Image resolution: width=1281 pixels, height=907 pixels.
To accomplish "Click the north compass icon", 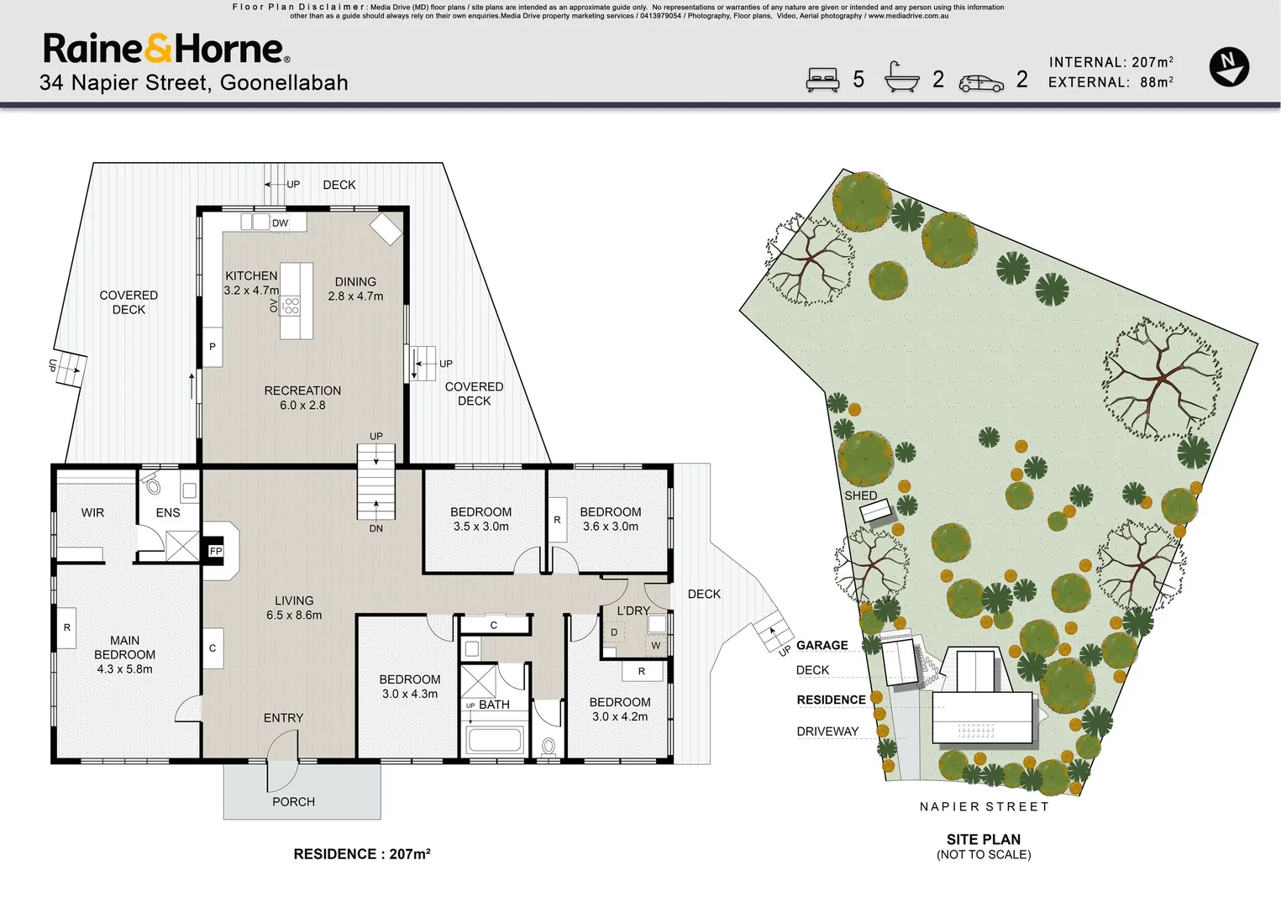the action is pyautogui.click(x=1229, y=67).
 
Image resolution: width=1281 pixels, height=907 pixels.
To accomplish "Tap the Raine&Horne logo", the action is pyautogui.click(x=166, y=48).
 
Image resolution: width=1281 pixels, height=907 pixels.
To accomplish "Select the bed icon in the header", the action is pyautogui.click(x=822, y=80).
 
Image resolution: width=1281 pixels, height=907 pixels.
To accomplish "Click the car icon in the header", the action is pyautogui.click(x=981, y=83).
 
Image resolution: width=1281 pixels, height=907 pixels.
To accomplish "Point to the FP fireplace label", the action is pyautogui.click(x=216, y=551).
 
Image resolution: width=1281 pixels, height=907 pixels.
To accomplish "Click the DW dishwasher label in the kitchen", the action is pyautogui.click(x=280, y=223).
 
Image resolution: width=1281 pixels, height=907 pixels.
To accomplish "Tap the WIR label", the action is pyautogui.click(x=92, y=512).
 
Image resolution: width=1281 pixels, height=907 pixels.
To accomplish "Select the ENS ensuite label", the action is pyautogui.click(x=167, y=512).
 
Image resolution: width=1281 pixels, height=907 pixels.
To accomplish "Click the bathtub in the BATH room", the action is pyautogui.click(x=495, y=738).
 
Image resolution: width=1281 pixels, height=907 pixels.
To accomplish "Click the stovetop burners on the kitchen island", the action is pyautogui.click(x=291, y=306).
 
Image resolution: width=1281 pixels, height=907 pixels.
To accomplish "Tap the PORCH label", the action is pyautogui.click(x=293, y=802).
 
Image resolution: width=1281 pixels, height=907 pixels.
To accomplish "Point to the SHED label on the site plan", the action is pyautogui.click(x=861, y=495).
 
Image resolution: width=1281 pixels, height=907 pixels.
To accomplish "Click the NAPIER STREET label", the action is pyautogui.click(x=984, y=806).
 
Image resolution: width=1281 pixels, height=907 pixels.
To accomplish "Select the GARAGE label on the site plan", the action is pyautogui.click(x=822, y=645).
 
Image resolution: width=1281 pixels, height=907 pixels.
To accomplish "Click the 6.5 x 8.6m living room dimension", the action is pyautogui.click(x=294, y=615).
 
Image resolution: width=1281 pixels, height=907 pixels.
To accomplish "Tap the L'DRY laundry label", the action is pyautogui.click(x=633, y=611).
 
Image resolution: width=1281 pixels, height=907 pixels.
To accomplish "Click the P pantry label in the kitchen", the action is pyautogui.click(x=213, y=346).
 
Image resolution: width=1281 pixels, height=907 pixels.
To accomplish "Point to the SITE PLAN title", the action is pyautogui.click(x=984, y=839).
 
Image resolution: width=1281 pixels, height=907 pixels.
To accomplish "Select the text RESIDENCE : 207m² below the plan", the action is pyautogui.click(x=362, y=853).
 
